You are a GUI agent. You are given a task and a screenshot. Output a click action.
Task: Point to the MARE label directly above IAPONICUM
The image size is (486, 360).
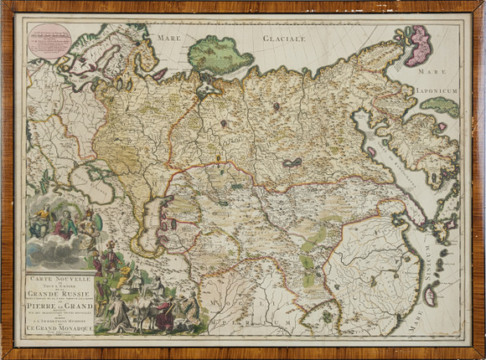(x=433, y=72)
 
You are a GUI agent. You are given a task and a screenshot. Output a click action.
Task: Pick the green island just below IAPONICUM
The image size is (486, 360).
(x=439, y=106)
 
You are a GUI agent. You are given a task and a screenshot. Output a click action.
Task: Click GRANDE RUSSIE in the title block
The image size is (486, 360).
(x=60, y=293)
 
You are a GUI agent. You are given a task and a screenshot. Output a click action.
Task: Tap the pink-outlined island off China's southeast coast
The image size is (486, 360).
(x=432, y=294)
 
